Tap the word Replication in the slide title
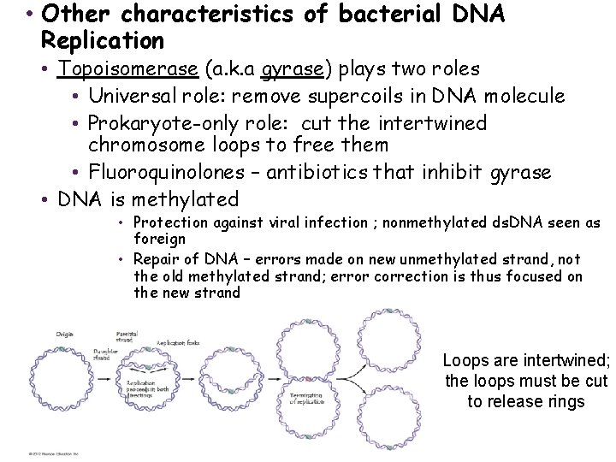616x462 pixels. tap(102, 40)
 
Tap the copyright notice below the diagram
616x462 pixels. tap(51, 453)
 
